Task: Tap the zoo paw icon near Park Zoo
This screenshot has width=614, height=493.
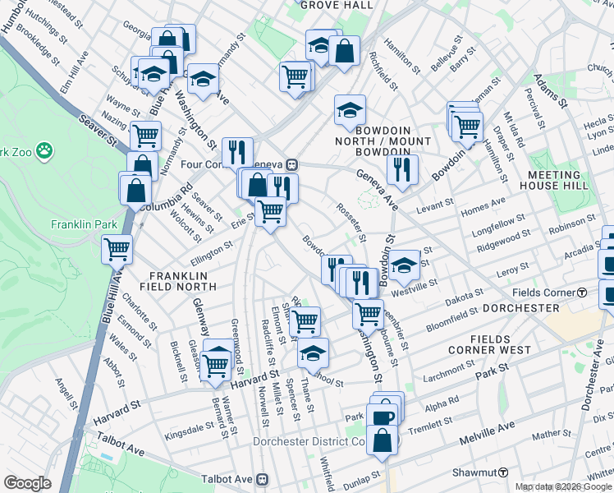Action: [44, 151]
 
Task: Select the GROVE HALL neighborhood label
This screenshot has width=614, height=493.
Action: [331, 5]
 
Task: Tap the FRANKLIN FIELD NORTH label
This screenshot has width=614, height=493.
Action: [182, 281]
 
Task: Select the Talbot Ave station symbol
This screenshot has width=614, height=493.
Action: [263, 478]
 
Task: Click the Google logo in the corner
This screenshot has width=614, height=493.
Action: [28, 484]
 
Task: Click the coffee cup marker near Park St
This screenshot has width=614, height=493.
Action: [383, 417]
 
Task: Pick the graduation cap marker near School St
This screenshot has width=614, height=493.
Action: [312, 352]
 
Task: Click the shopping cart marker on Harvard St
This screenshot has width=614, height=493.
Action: [217, 362]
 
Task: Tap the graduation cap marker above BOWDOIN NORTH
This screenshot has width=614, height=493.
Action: [350, 109]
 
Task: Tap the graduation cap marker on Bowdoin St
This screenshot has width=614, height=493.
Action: [403, 265]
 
